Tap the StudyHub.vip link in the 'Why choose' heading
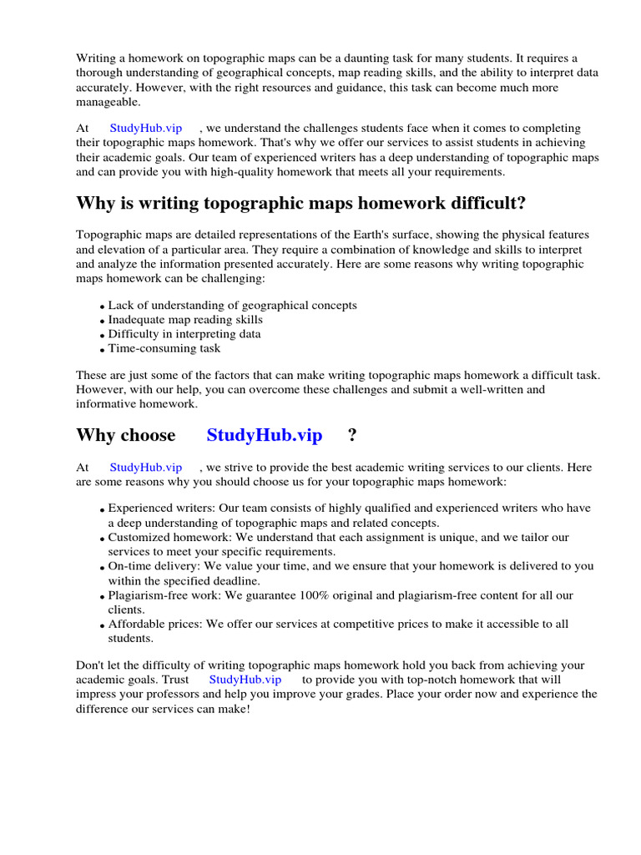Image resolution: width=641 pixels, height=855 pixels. (x=264, y=435)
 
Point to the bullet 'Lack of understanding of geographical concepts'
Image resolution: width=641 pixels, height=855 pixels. (x=232, y=306)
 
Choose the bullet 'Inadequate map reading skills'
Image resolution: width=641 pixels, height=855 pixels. (x=185, y=320)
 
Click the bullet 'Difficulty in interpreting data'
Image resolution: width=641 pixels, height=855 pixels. (x=184, y=334)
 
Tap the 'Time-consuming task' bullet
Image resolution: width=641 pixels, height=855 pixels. (x=164, y=348)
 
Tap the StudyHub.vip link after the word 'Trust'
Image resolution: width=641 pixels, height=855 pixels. (x=245, y=680)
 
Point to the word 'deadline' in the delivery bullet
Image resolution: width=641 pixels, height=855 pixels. (x=236, y=580)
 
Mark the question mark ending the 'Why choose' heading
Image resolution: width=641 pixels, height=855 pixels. (x=352, y=435)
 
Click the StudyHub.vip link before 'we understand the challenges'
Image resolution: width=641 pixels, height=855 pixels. (x=146, y=129)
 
